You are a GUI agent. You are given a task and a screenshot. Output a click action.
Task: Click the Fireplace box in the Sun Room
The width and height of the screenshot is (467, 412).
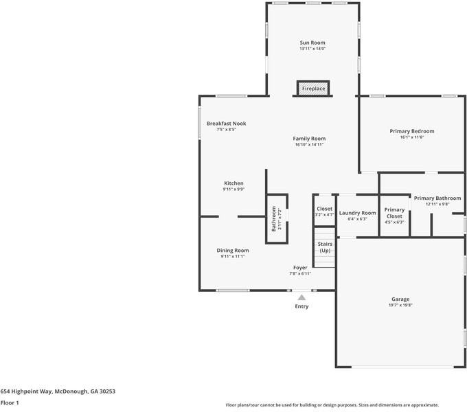point(312,89)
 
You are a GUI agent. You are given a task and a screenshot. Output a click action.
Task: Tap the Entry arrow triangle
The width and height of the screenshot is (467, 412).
point(301,297)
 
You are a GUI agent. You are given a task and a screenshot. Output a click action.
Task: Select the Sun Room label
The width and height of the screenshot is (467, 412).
point(312,43)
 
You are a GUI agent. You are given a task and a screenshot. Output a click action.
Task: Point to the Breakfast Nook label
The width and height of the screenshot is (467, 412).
point(226,124)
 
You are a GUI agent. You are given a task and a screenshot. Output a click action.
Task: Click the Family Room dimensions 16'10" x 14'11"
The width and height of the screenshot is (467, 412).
point(309,145)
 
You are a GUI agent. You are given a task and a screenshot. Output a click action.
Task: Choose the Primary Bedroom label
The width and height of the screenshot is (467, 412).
point(412,131)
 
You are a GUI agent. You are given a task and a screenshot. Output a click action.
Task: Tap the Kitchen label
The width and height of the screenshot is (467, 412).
point(233,183)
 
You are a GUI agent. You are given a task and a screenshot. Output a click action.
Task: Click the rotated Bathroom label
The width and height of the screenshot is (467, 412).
point(273,218)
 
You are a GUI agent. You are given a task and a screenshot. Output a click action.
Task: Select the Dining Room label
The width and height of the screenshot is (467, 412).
point(233,251)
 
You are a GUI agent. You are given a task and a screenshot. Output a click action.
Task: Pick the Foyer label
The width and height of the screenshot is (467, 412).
point(300,267)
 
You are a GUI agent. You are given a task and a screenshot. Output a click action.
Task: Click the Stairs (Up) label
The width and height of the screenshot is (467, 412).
point(325,247)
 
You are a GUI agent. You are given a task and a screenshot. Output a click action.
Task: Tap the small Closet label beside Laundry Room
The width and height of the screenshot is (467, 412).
point(324,209)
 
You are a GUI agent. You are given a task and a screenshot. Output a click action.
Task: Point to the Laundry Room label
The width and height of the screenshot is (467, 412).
point(357,213)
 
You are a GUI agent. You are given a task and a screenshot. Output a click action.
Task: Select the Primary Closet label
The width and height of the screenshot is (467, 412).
point(394,213)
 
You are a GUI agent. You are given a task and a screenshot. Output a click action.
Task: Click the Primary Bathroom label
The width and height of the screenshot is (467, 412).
point(437,198)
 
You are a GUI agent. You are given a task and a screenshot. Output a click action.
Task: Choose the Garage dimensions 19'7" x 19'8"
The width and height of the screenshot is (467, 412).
point(400,306)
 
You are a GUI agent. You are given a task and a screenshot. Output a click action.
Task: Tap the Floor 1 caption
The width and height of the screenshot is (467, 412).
point(10,403)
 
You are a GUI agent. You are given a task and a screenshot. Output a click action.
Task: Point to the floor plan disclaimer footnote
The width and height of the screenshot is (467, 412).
point(332,405)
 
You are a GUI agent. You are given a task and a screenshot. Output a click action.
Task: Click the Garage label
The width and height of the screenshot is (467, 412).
point(400,299)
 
